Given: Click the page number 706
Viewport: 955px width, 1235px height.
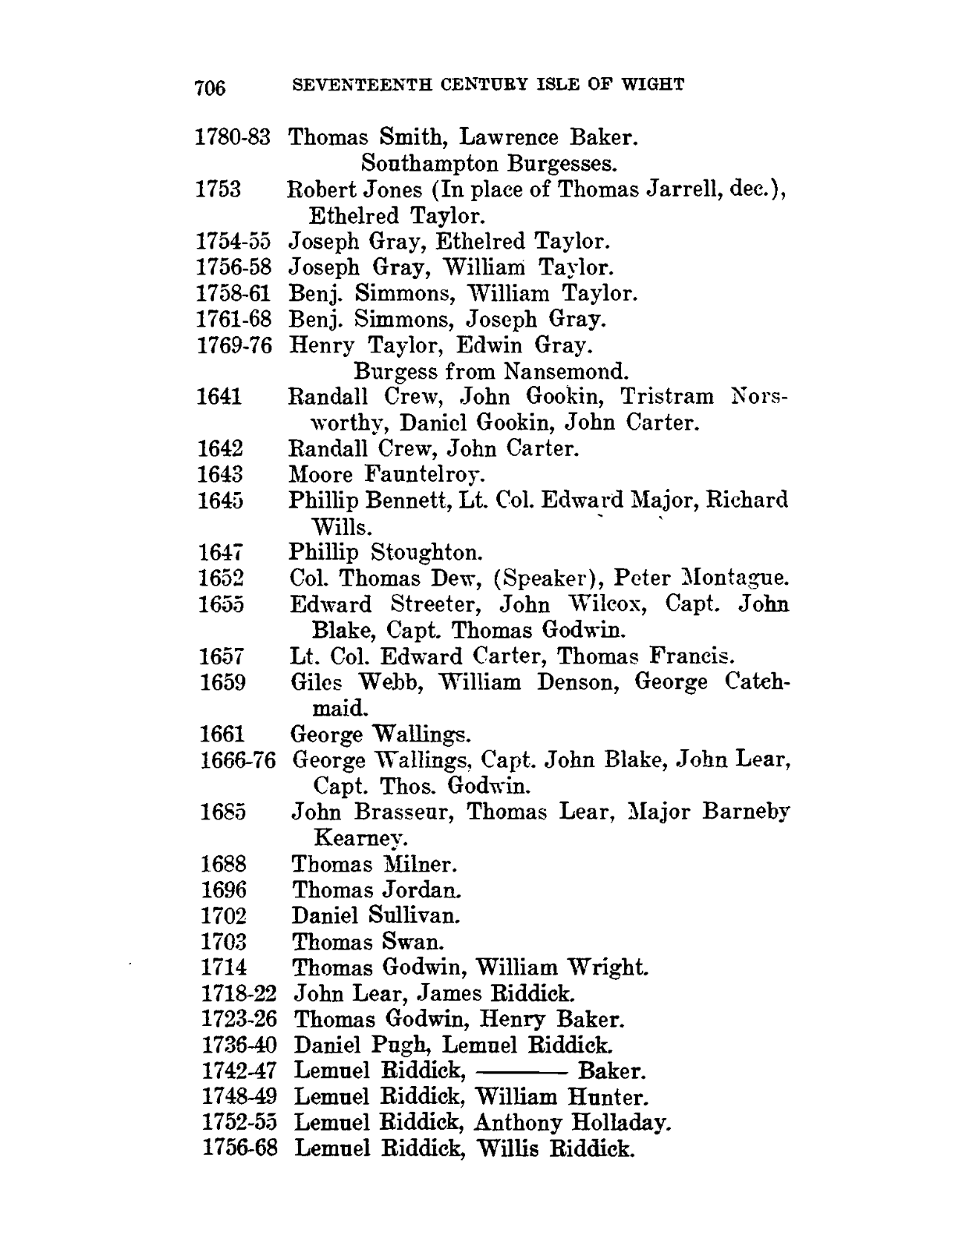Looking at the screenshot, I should click(x=210, y=87).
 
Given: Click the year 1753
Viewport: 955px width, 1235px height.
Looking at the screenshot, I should click(x=218, y=189).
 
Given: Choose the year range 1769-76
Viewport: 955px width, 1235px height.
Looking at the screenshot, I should click(x=235, y=345).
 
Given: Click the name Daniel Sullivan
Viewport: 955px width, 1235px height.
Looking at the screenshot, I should click(x=375, y=915).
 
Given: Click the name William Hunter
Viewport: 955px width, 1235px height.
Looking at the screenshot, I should click(x=561, y=1098).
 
